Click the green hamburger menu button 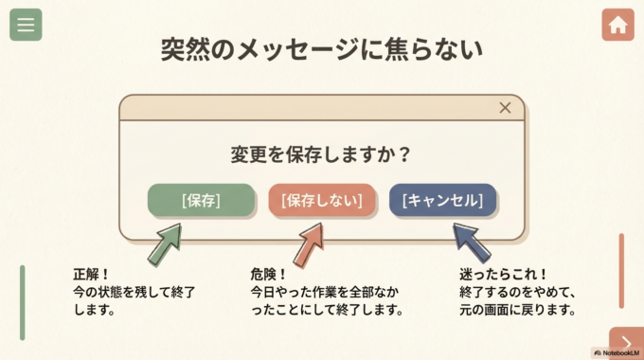point(26,25)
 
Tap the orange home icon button point(617,25)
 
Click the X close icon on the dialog point(505,108)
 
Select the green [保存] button point(201,200)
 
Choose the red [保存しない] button point(322,200)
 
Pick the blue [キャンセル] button point(442,200)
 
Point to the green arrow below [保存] point(165,244)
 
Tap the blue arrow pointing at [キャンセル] point(471,243)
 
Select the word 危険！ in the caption point(269,275)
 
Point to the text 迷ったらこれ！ point(504,275)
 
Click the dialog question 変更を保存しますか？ point(321,154)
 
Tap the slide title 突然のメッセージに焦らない point(321,49)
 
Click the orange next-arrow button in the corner point(626,342)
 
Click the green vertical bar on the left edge point(23,302)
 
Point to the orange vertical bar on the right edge point(621,271)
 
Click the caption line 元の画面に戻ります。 point(517,310)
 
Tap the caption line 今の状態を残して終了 point(134,293)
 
